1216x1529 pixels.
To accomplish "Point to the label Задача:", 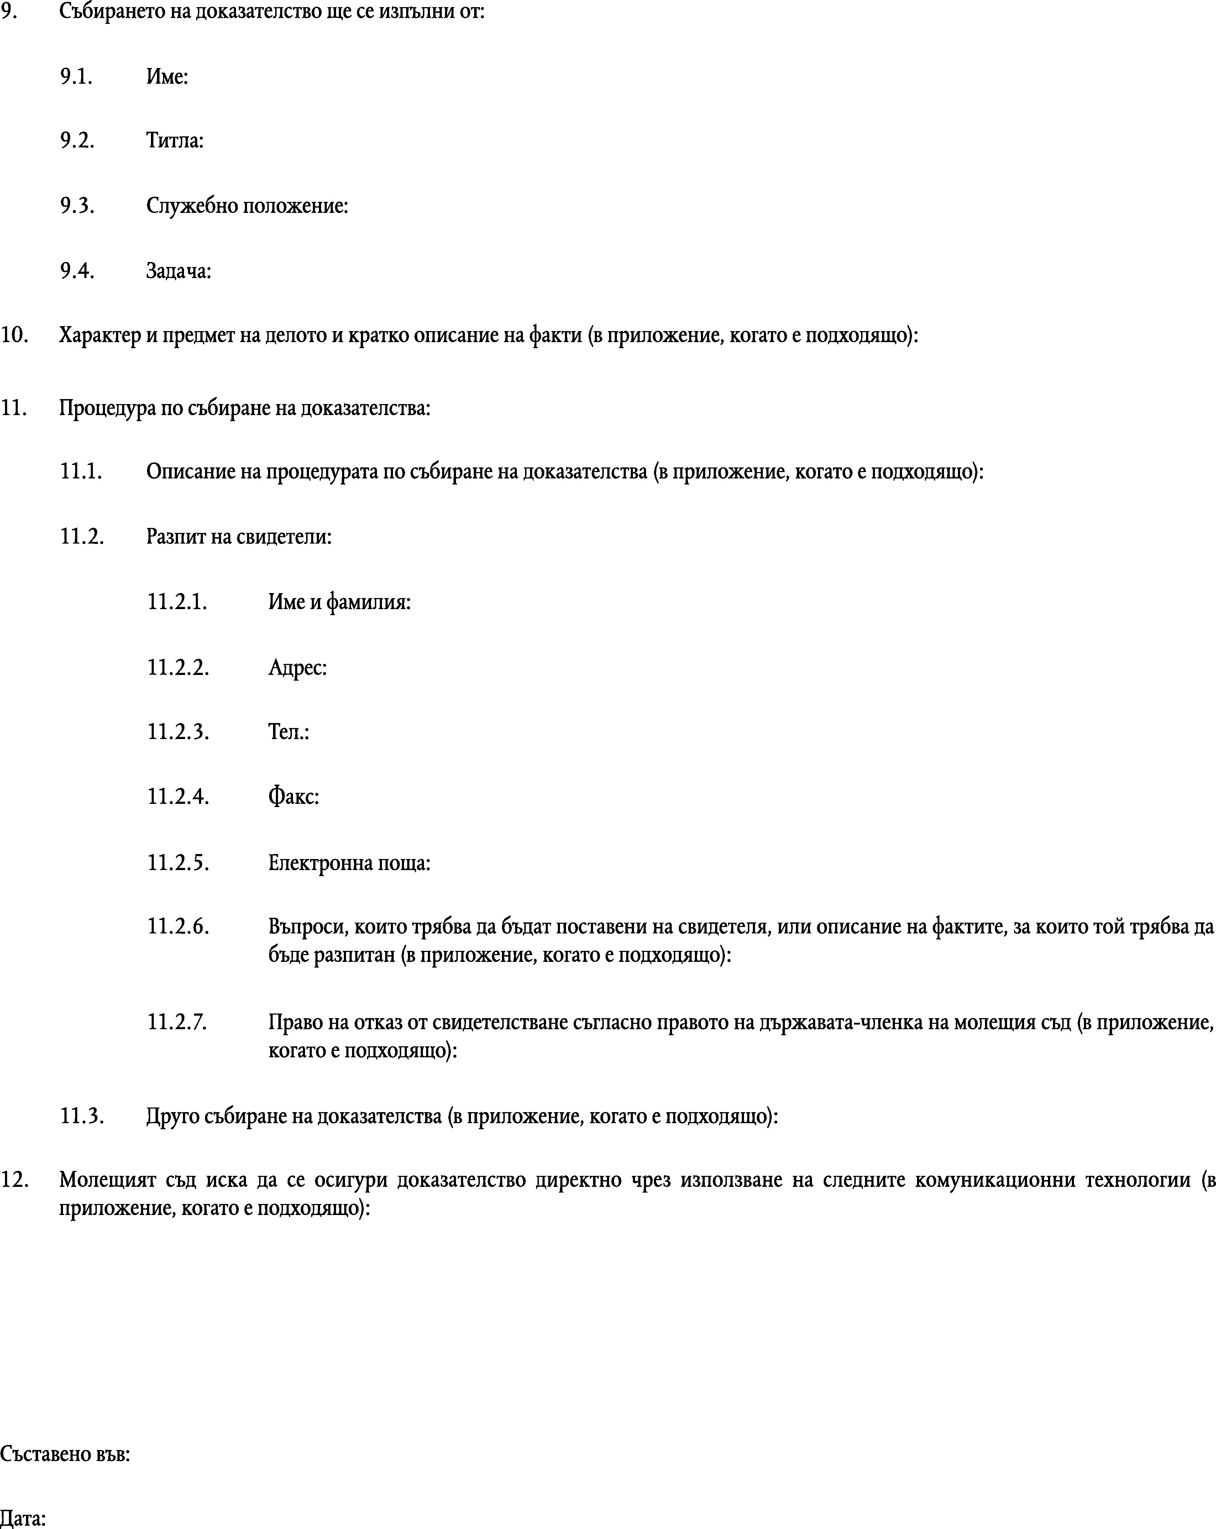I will click(179, 271).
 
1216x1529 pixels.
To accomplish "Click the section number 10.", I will click(14, 335).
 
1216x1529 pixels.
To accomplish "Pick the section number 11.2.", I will click(82, 537).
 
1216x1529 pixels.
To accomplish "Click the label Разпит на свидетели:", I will click(239, 537).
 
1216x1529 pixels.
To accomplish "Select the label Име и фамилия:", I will click(339, 602).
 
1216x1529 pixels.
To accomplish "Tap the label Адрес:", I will click(297, 667).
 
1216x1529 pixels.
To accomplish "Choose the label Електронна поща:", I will click(349, 863).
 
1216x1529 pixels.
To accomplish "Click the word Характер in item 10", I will click(100, 335).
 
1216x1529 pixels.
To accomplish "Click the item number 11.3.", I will click(82, 1116).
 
